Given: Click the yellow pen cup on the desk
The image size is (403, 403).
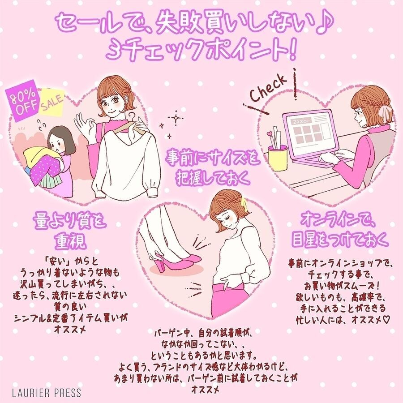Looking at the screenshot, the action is click(278, 158).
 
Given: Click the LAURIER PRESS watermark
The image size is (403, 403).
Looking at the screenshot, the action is click(47, 393).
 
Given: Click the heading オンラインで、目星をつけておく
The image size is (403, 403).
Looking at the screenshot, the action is click(340, 230).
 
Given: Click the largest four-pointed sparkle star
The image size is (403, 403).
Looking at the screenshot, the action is click(176, 118).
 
